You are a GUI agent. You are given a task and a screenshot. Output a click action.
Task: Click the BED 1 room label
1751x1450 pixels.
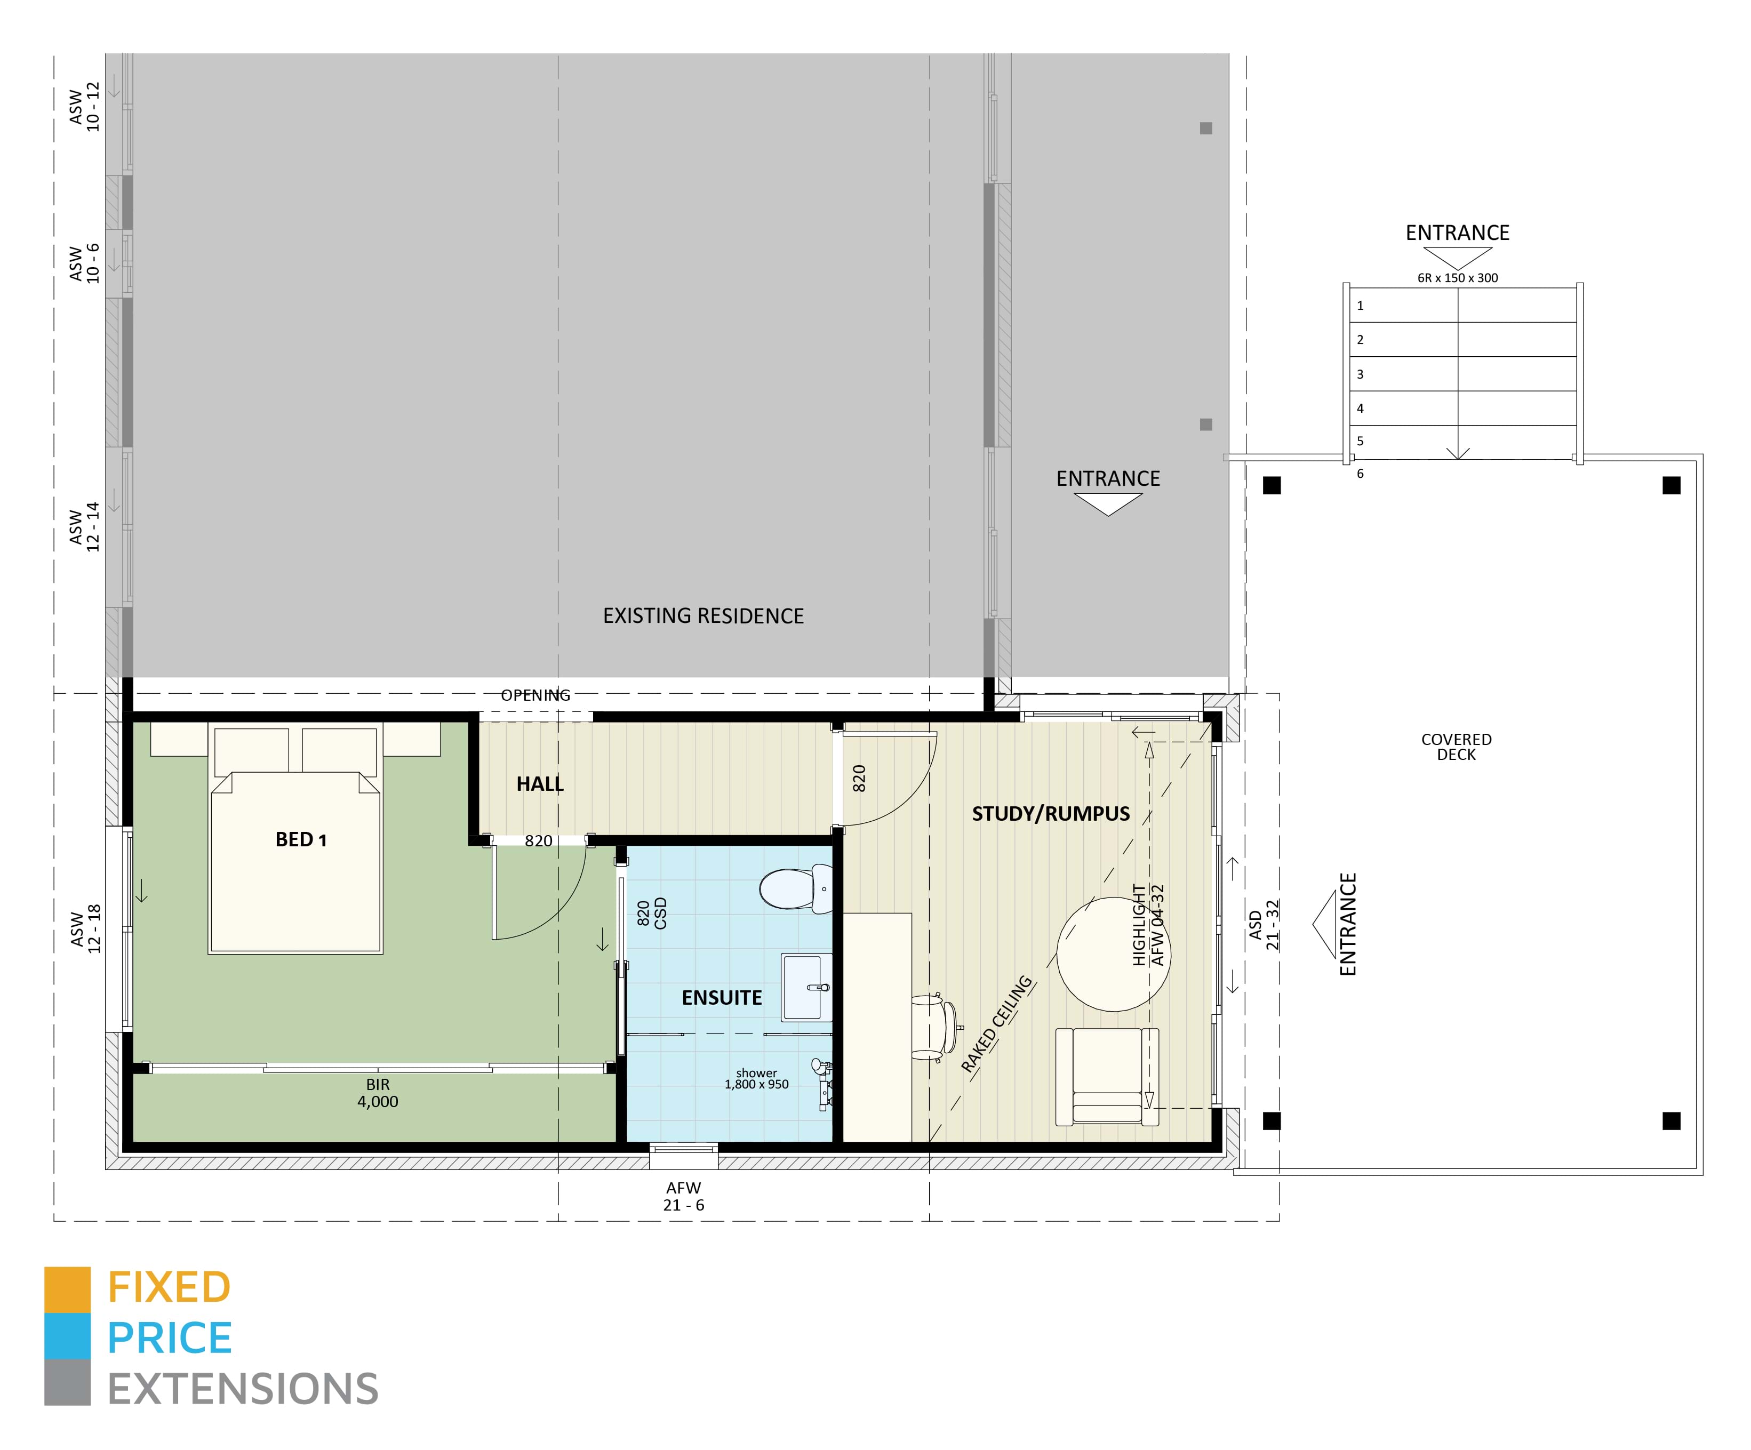(301, 839)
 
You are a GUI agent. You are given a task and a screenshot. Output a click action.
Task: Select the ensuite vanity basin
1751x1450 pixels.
(806, 987)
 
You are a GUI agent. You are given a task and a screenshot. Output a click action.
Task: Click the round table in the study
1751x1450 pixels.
(1114, 954)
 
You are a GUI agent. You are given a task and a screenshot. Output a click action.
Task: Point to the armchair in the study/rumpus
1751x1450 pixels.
(1107, 1077)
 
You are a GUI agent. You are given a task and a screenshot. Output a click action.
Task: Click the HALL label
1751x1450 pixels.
(540, 784)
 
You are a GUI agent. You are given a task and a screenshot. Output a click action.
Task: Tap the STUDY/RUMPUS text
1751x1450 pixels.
(1051, 814)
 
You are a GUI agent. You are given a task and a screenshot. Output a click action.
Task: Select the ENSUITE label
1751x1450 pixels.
(722, 998)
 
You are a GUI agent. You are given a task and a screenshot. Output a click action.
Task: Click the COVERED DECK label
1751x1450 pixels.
(1457, 747)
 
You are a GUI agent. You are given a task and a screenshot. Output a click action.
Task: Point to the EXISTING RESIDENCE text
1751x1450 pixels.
(703, 616)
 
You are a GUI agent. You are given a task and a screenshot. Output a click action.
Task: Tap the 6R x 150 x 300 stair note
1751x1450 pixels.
(1458, 278)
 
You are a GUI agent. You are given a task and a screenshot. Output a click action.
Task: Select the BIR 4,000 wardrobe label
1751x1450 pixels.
(378, 1093)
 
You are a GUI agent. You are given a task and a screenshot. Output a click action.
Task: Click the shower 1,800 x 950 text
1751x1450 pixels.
(756, 1079)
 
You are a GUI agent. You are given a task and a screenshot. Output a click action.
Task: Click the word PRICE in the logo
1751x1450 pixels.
(170, 1338)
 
